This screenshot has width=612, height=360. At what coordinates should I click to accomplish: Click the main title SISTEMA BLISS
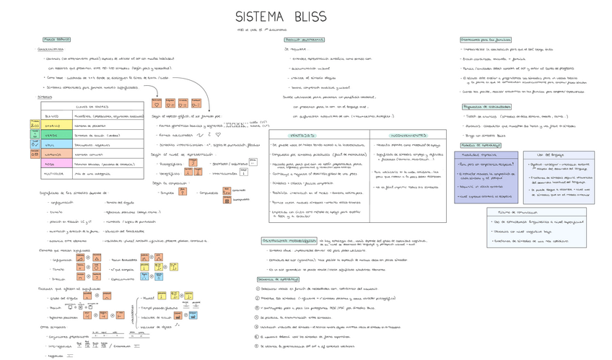click(281, 17)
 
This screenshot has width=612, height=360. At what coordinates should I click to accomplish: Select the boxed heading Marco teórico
click(56, 40)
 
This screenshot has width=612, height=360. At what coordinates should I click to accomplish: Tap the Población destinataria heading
click(304, 40)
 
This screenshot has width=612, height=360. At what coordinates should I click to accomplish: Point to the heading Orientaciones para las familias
click(485, 40)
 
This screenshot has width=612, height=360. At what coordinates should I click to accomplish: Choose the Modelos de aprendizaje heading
click(481, 145)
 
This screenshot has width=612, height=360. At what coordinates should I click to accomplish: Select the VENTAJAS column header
click(302, 135)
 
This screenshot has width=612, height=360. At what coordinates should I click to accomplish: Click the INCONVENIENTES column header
click(408, 135)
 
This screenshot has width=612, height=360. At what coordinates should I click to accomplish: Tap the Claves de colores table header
click(92, 107)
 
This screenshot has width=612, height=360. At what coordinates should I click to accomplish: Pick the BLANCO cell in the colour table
click(52, 116)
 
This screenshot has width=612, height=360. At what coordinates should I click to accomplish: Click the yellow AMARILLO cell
click(52, 126)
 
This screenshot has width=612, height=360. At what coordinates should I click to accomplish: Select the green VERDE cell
click(52, 135)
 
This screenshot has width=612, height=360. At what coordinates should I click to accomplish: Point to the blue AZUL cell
click(52, 144)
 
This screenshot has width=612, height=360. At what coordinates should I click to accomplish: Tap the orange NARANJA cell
click(52, 154)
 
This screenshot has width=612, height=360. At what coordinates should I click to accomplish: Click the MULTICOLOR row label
click(53, 174)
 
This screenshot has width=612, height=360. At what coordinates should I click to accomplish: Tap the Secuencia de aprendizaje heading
click(278, 279)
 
